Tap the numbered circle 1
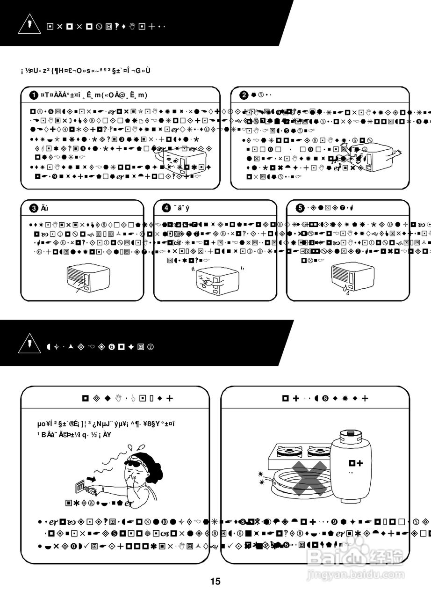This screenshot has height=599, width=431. tap(34, 95)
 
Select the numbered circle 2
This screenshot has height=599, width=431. tap(244, 95)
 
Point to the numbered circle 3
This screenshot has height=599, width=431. tap(34, 208)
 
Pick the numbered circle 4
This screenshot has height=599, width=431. tap(166, 208)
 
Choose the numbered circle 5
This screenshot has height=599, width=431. tap(301, 208)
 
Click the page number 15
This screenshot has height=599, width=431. tap(215, 582)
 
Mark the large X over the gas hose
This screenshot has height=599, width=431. tap(309, 477)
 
